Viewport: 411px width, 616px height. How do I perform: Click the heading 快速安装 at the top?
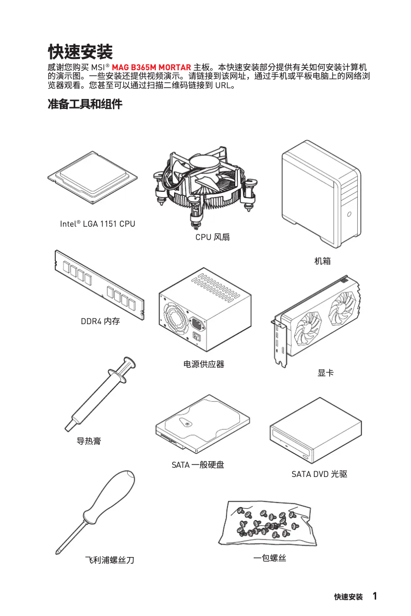80,51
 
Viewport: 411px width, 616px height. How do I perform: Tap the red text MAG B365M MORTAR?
151,68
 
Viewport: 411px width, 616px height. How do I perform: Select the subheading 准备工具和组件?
85,105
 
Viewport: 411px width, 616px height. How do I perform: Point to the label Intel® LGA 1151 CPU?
97,224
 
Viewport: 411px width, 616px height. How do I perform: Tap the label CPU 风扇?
212,237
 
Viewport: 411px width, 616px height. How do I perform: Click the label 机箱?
322,261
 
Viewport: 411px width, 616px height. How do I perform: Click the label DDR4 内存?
100,322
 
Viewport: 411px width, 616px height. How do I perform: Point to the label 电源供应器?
204,364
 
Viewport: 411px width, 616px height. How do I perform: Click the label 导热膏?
89,441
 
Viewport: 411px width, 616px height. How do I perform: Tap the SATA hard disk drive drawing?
202,423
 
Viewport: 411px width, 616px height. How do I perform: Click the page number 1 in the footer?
375,596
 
